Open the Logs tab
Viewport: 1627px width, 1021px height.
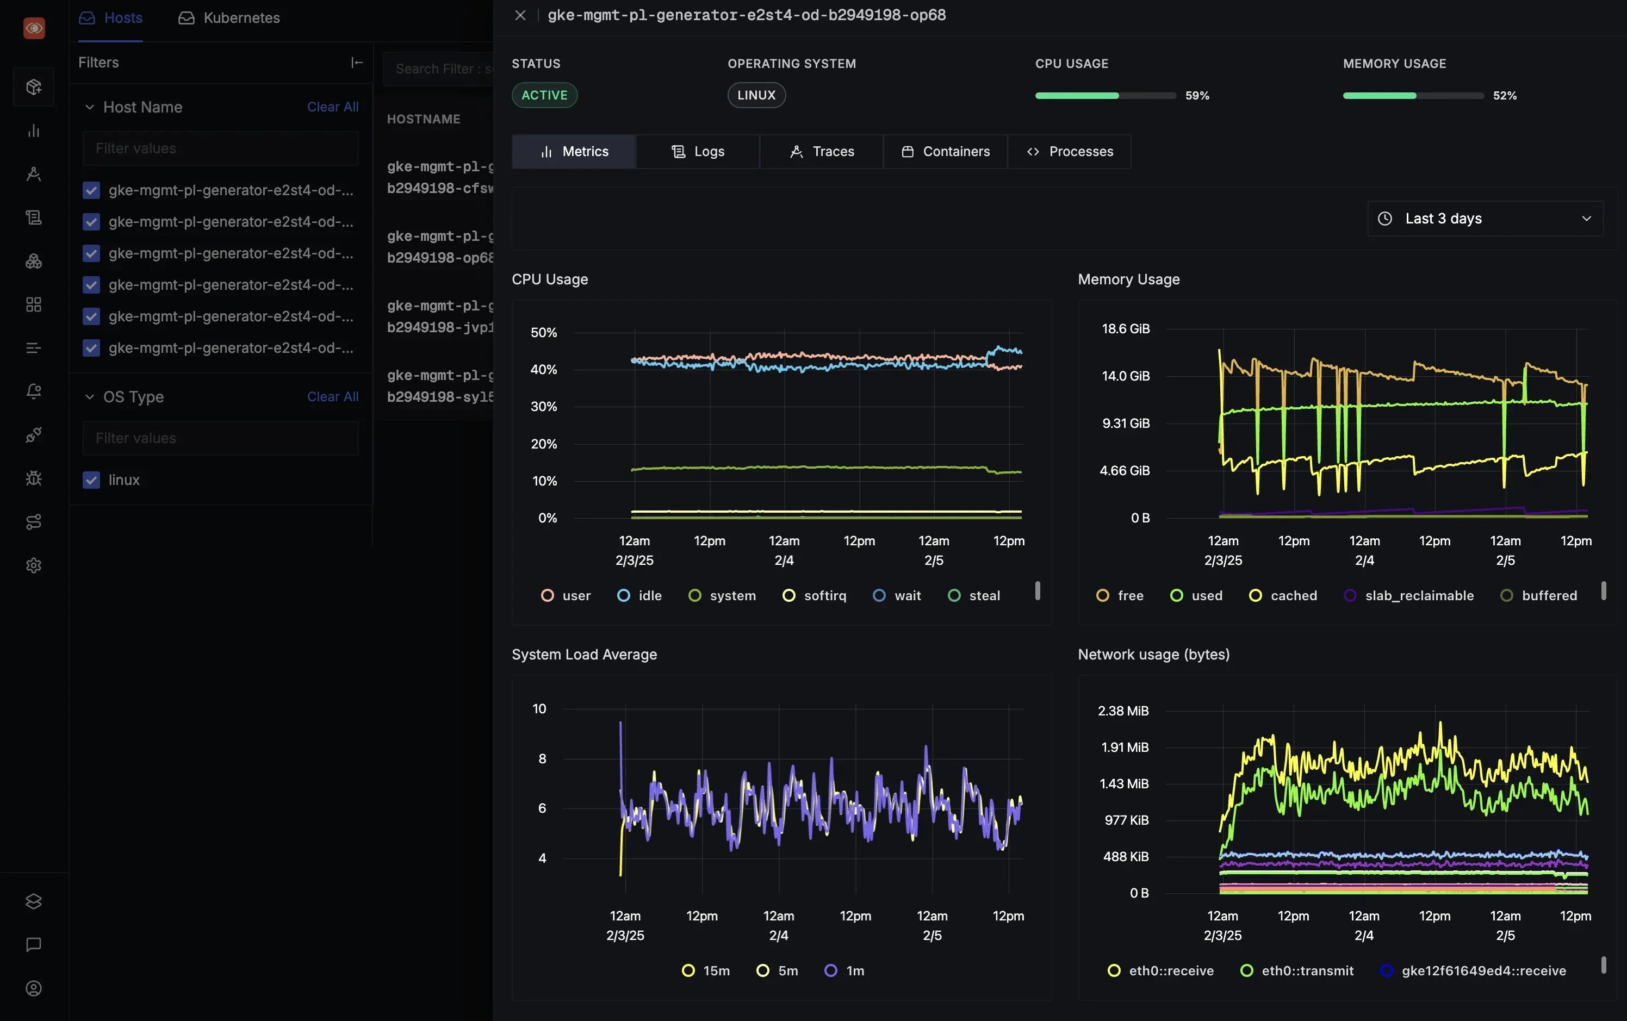click(698, 151)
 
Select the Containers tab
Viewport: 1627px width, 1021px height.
click(945, 151)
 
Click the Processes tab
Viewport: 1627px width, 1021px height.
click(1069, 151)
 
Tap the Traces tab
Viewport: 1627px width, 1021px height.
click(822, 151)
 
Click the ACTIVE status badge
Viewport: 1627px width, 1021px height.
click(544, 95)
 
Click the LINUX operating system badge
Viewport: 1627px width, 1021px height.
click(756, 95)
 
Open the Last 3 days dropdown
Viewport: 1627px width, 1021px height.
click(1485, 218)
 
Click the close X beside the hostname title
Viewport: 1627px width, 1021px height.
click(520, 15)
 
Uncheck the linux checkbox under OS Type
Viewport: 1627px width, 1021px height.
click(91, 480)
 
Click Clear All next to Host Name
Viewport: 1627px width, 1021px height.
click(332, 107)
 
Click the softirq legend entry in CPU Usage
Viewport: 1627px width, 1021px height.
click(815, 596)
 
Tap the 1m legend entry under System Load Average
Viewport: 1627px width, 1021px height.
click(845, 970)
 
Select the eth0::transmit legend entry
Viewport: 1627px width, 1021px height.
click(1297, 970)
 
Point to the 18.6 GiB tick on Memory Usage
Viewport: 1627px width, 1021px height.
click(1125, 329)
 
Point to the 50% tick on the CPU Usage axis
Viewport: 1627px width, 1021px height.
click(544, 332)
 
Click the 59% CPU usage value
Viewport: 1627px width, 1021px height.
click(1197, 96)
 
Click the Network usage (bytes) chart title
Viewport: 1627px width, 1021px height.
click(1153, 655)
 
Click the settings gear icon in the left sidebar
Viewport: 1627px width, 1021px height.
click(34, 565)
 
